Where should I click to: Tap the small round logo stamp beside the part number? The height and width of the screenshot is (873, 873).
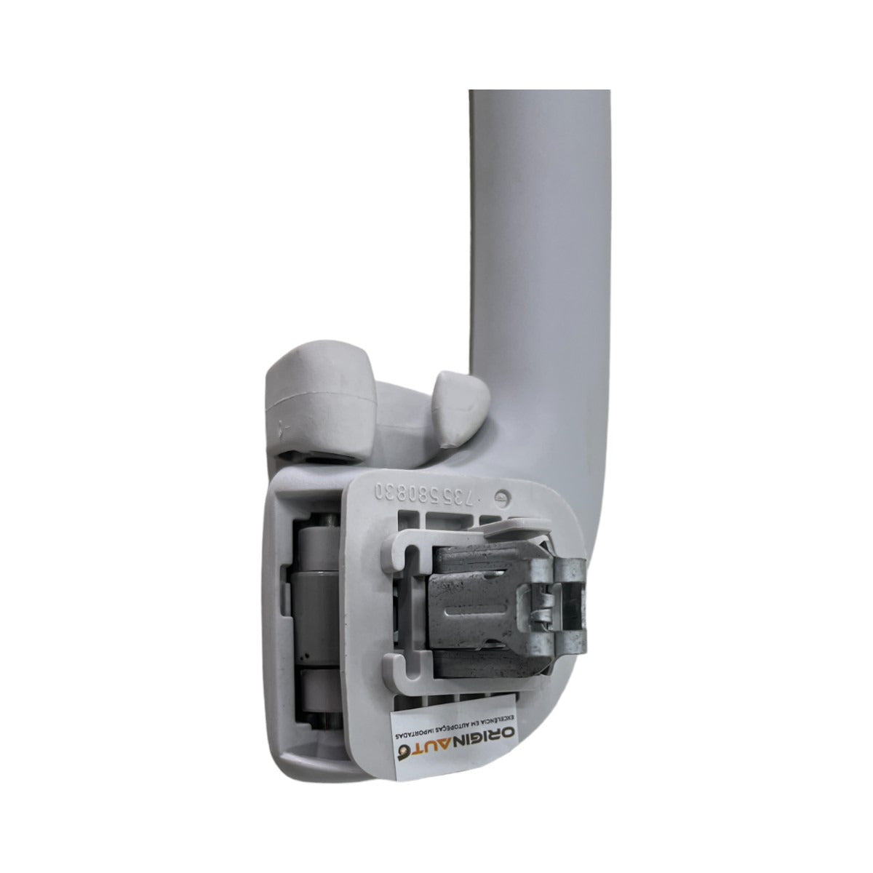[501, 496]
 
